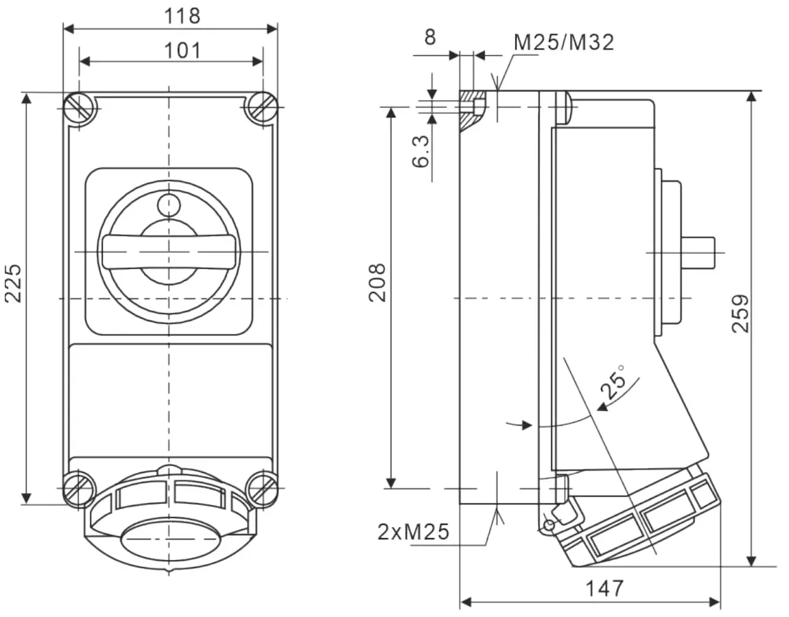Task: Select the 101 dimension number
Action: (x=182, y=49)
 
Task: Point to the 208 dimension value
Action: (x=378, y=282)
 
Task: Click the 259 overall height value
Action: (x=740, y=313)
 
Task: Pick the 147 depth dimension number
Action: (x=604, y=588)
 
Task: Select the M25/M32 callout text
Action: (x=564, y=43)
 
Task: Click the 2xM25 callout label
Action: (x=414, y=531)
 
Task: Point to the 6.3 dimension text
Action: (x=421, y=151)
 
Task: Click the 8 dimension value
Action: (x=429, y=37)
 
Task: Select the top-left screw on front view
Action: (x=80, y=107)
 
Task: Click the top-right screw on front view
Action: (x=262, y=107)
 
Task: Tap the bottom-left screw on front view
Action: (x=80, y=489)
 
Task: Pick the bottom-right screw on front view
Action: (x=262, y=489)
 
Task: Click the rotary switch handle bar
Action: (x=169, y=252)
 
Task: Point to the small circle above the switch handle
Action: (x=168, y=205)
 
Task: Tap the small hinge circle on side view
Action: (x=547, y=526)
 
